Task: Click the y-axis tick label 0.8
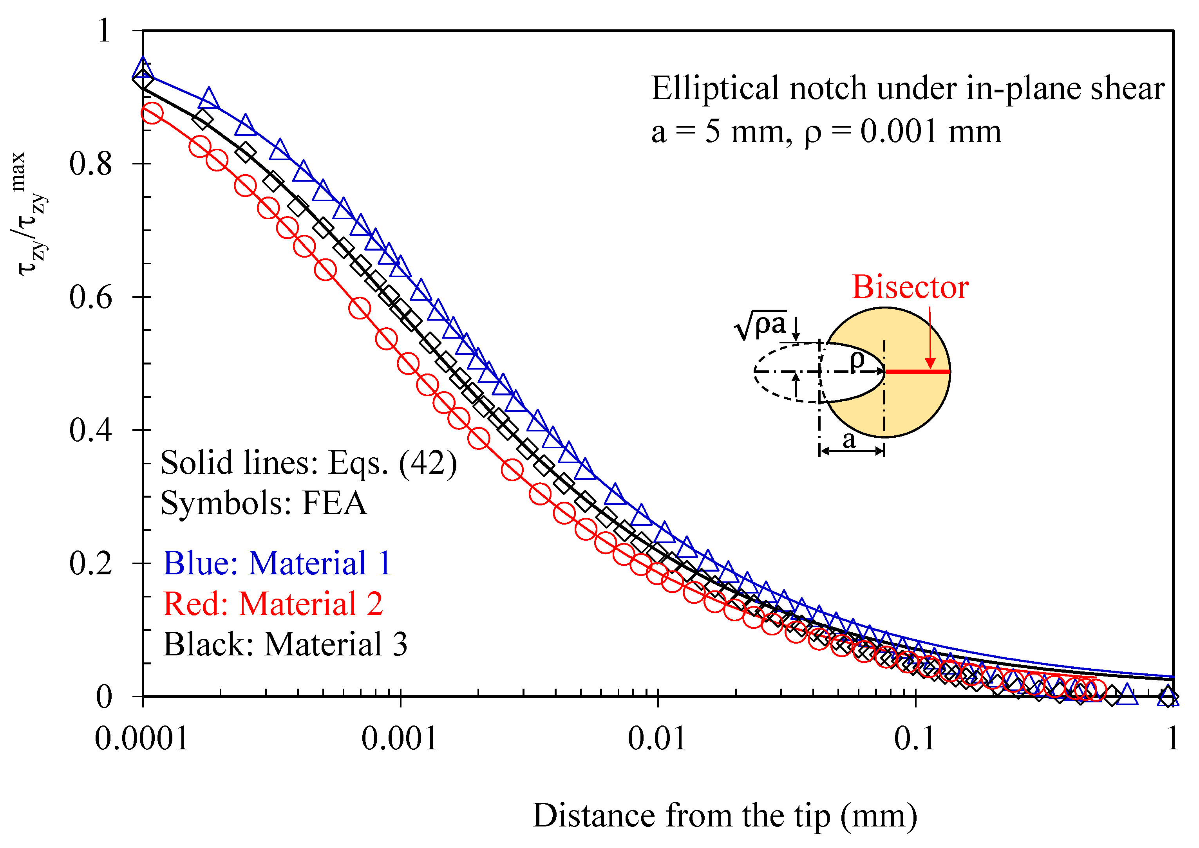(90, 164)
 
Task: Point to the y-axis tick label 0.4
(90, 431)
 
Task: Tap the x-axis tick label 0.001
(399, 739)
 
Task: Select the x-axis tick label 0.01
(657, 739)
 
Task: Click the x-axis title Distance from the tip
(725, 816)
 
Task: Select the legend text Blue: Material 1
(277, 563)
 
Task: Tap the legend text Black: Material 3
(285, 644)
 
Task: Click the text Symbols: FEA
(264, 503)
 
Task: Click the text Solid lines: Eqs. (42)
(308, 463)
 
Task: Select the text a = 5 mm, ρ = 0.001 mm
(826, 131)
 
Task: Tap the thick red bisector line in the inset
(917, 372)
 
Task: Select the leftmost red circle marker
(152, 113)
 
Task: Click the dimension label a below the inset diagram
(850, 440)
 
